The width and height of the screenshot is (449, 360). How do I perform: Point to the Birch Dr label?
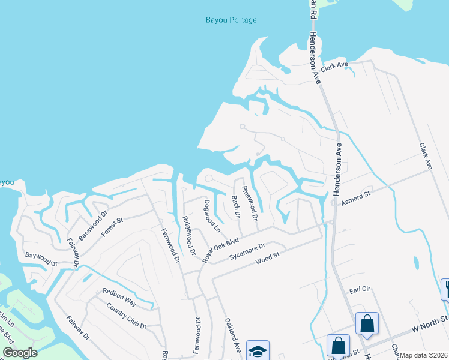236,206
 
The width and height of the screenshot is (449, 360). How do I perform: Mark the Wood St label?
268,260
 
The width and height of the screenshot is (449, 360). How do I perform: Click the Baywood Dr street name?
41,259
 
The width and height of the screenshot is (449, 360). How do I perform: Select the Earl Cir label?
361,290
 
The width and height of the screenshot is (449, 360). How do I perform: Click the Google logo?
20,353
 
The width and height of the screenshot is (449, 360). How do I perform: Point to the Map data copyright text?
423,355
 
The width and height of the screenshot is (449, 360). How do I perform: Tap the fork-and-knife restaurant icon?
445,288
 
